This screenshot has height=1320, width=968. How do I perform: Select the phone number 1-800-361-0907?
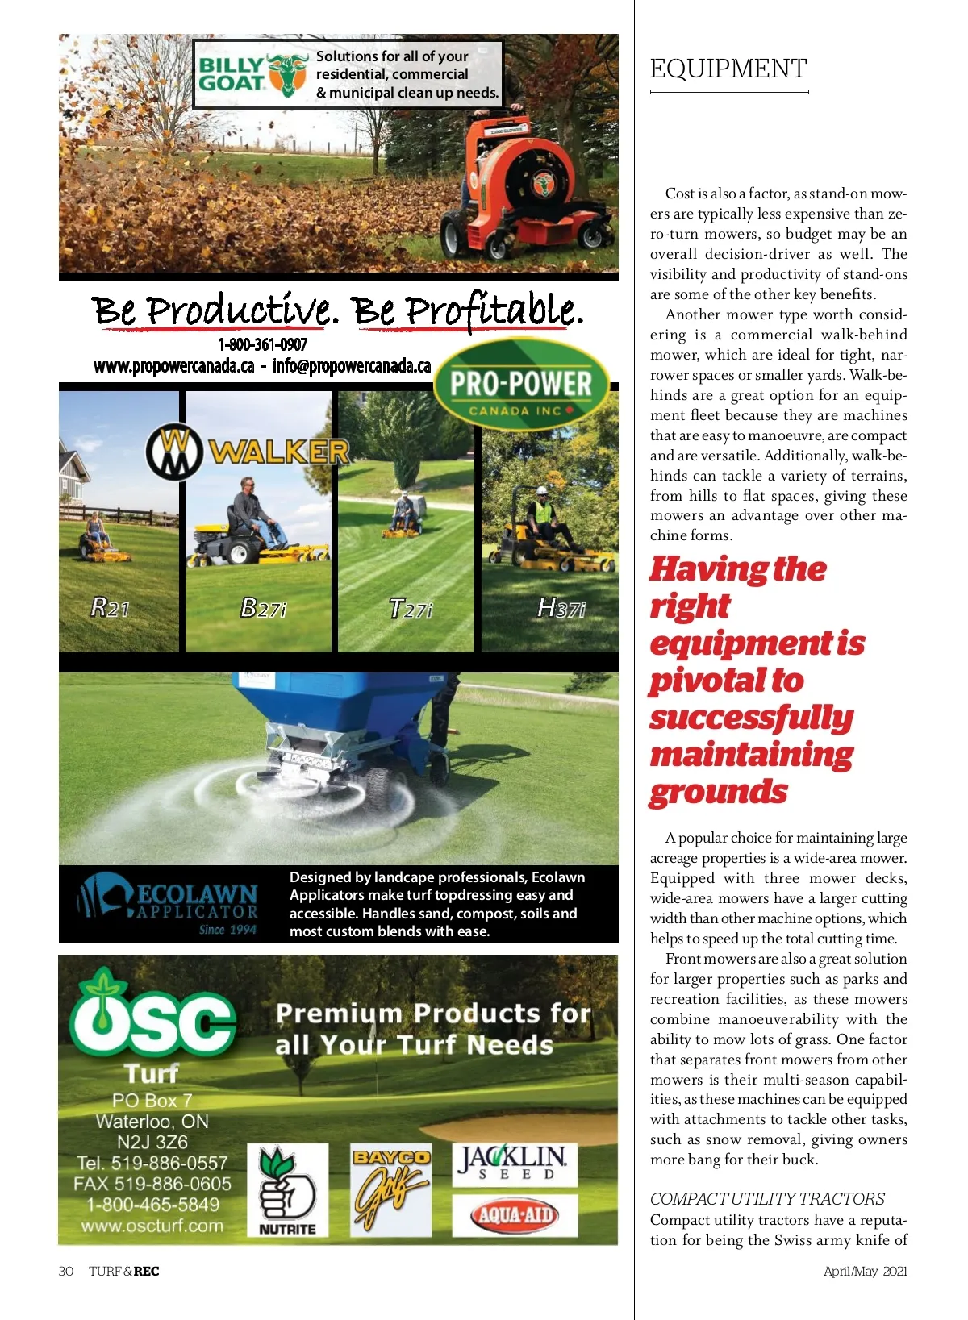point(262,344)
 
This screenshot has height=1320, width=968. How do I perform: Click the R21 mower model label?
point(111,607)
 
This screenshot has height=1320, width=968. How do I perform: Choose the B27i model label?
point(263,607)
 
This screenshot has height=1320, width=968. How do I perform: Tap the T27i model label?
point(410,609)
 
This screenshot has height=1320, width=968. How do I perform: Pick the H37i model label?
point(561,608)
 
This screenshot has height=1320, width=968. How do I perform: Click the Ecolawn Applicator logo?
point(169,904)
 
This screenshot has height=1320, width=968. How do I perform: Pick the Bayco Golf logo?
point(390,1189)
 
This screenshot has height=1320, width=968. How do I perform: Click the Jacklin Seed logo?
point(514,1164)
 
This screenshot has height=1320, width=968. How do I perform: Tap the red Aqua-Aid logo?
point(515,1215)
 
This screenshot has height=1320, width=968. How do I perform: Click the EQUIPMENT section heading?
point(728,69)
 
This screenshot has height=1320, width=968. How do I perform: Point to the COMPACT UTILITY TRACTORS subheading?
point(767,1198)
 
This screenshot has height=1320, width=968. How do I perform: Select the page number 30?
point(66,1271)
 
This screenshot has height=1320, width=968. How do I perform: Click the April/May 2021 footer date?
point(865,1271)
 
